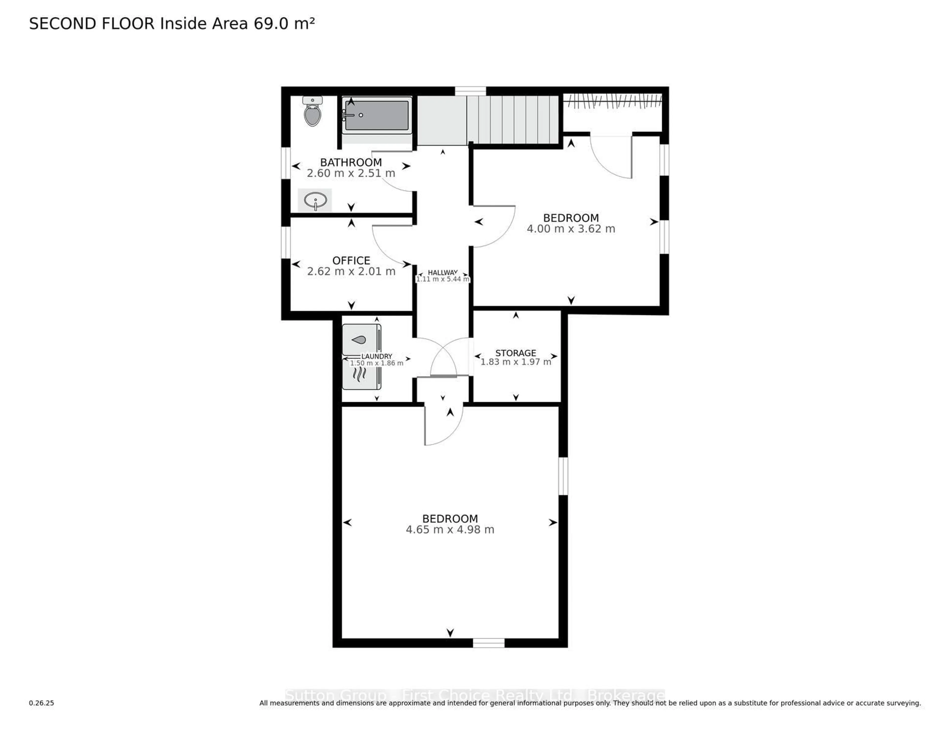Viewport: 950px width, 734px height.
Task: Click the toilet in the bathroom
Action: click(x=312, y=113)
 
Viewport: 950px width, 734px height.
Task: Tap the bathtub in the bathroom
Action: click(x=377, y=115)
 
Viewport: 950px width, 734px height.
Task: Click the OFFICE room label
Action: click(x=351, y=260)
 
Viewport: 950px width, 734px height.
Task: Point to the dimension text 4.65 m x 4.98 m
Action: click(x=450, y=529)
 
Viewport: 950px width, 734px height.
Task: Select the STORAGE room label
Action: click(x=516, y=353)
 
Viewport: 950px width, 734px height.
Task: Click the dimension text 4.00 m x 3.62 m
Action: click(x=571, y=229)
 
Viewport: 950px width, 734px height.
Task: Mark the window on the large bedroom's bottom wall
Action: click(x=489, y=643)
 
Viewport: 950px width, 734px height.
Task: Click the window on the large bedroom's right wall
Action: click(x=563, y=476)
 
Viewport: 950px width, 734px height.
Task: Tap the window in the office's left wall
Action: click(x=286, y=242)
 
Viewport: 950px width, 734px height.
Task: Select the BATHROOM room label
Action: click(x=351, y=162)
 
